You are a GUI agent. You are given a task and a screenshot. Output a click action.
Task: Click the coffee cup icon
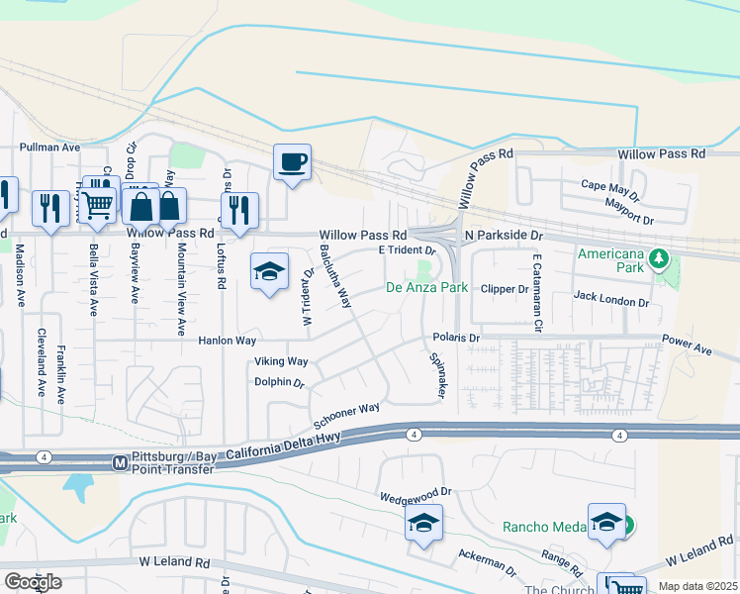click(292, 161)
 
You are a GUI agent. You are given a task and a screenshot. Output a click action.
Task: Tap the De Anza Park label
click(425, 288)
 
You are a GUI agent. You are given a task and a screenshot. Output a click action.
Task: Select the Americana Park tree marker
click(658, 259)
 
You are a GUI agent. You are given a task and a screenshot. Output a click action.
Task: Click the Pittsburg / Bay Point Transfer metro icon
click(120, 462)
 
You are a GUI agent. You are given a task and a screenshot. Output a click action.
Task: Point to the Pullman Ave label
click(49, 147)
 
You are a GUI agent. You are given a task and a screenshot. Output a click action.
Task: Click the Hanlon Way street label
click(228, 341)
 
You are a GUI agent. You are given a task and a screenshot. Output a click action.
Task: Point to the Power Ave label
click(688, 349)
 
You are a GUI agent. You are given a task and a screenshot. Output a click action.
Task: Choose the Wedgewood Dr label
click(416, 491)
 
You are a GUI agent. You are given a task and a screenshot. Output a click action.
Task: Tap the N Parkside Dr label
click(506, 237)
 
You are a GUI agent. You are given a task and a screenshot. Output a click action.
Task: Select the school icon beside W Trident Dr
click(268, 272)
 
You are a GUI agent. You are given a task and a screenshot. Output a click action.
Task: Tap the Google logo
click(33, 582)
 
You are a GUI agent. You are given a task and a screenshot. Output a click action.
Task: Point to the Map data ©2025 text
click(697, 586)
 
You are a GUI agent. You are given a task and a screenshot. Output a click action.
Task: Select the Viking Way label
click(281, 361)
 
